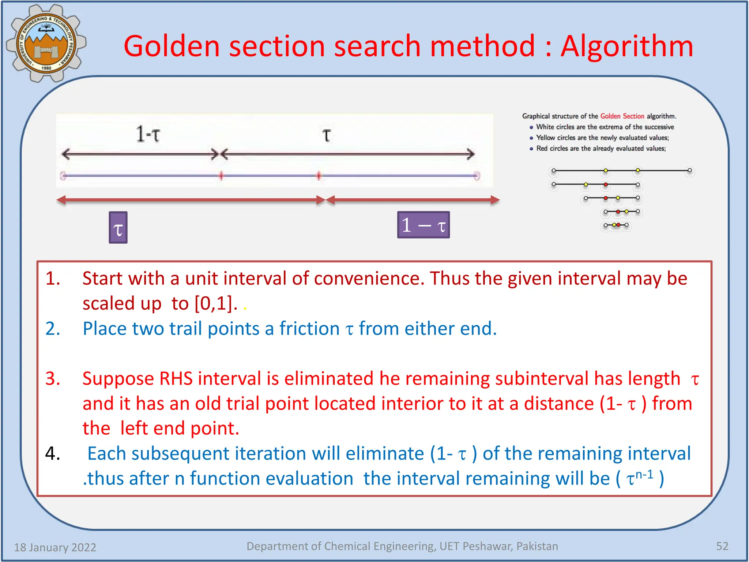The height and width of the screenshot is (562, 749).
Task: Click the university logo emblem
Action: [46, 43]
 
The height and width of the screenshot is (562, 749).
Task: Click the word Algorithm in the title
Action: [627, 46]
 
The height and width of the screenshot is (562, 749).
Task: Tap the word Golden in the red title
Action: [172, 46]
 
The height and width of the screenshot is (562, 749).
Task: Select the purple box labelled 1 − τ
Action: [424, 225]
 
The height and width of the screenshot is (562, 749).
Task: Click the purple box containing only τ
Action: [118, 228]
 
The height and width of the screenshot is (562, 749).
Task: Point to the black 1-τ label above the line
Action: [148, 134]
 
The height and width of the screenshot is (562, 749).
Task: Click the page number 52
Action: [722, 546]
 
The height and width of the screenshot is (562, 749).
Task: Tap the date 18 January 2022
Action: [55, 547]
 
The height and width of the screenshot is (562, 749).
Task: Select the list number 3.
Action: [53, 378]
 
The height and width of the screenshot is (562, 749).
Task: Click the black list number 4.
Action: [53, 453]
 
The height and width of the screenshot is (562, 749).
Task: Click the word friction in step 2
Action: [309, 329]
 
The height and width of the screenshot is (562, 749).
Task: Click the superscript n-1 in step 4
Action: [644, 475]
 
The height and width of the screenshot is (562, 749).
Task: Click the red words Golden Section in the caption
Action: [622, 116]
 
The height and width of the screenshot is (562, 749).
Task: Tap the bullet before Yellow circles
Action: [531, 138]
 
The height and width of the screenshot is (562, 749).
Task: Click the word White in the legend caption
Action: [545, 127]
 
